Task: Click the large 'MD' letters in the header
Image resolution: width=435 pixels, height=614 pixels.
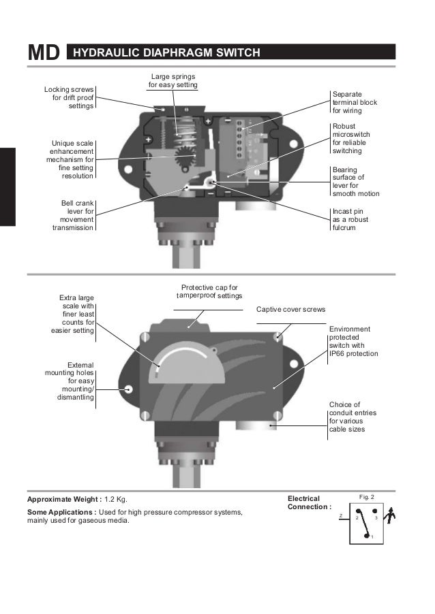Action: pos(44,53)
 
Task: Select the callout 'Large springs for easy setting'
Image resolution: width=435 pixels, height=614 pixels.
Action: pos(173,81)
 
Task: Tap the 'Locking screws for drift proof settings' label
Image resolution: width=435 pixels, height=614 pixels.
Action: pos(70,97)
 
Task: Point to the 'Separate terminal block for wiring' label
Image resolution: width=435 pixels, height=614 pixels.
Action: pos(354,101)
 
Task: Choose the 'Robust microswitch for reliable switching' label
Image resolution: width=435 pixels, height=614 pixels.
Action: pos(354,139)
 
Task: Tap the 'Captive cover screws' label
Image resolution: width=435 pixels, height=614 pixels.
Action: pos(290,309)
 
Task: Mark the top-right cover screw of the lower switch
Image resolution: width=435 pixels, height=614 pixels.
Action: pos(277,337)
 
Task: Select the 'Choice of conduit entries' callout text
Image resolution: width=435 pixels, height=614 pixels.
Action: pos(352,417)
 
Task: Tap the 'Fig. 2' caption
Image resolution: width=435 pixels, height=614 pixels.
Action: pos(366,498)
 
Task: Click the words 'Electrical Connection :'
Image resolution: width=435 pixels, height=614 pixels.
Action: pos(309,502)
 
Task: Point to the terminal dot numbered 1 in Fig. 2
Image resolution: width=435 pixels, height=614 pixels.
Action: pos(367,536)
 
